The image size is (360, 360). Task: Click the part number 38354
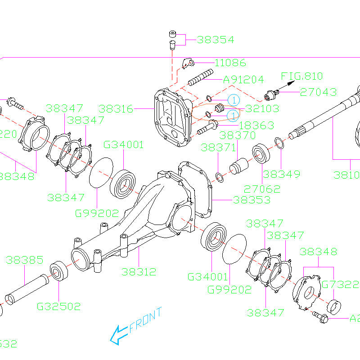point(216,40)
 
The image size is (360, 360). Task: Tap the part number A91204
point(243,80)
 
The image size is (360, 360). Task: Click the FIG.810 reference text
point(302,76)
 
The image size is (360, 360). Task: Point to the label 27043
point(318,92)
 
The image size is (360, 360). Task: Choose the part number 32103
point(262,108)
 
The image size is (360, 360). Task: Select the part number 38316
point(116,109)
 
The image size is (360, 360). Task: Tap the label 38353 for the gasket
point(252,199)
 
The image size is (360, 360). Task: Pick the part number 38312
point(139,271)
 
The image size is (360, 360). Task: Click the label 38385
point(24,260)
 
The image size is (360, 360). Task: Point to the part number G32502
point(58,306)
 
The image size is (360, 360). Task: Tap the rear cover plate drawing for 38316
point(171,119)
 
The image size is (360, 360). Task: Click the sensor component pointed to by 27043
point(271,94)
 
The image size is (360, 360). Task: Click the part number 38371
point(218,148)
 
